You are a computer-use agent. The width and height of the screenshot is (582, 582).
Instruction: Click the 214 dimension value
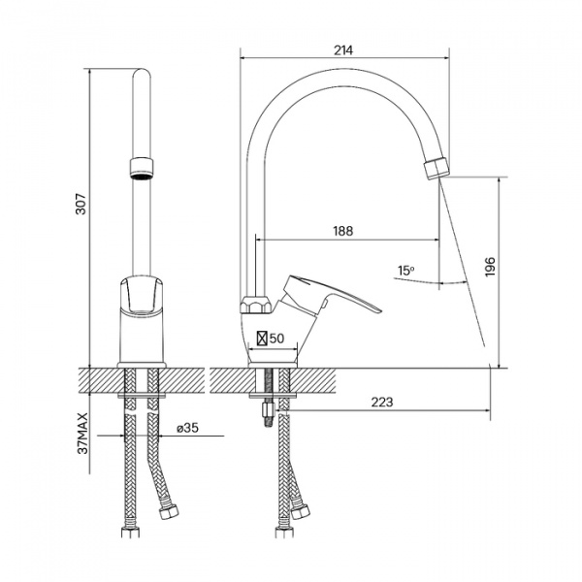[x=343, y=50]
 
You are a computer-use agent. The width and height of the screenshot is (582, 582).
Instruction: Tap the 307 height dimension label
[x=81, y=204]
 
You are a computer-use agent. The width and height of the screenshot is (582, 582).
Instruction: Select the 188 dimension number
[x=343, y=231]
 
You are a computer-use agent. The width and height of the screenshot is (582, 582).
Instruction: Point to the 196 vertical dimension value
[x=490, y=266]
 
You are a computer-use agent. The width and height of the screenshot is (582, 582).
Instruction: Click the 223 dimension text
[x=382, y=402]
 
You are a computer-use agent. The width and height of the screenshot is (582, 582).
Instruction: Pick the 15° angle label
[x=405, y=271]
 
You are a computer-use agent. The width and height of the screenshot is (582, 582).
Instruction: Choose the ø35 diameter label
[x=188, y=428]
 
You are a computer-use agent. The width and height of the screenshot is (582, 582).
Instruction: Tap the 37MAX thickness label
[x=83, y=433]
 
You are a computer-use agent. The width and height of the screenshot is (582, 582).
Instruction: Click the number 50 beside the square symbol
[x=276, y=339]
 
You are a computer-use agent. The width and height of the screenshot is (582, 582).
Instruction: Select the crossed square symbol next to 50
[x=262, y=339]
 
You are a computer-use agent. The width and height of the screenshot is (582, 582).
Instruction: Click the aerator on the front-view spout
[x=142, y=168]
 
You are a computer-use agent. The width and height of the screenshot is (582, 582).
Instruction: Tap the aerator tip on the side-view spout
[x=436, y=169]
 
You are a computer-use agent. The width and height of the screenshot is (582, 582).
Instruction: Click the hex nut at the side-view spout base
[x=257, y=306]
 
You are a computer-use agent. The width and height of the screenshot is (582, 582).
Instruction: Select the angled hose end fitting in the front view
[x=169, y=512]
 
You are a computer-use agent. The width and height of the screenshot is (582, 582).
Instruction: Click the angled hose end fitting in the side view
[x=300, y=512]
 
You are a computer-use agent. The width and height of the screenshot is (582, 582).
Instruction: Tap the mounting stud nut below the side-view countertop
[x=268, y=410]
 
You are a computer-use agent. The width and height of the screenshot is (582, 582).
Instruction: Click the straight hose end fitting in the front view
[x=131, y=532]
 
